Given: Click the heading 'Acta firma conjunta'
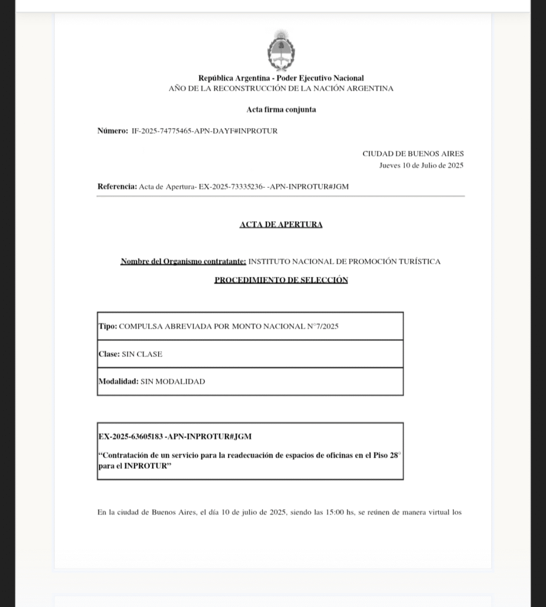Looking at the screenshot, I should click(x=281, y=110).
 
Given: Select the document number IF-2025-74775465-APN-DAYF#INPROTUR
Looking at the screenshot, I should click(x=204, y=131).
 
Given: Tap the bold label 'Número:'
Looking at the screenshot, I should click(x=113, y=131).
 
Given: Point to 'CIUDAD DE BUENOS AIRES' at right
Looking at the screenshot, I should click(x=413, y=154).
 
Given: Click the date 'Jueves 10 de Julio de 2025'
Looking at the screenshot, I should click(x=421, y=165).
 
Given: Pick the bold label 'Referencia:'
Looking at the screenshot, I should click(x=117, y=186).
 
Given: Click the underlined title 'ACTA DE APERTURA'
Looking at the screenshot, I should click(x=281, y=225).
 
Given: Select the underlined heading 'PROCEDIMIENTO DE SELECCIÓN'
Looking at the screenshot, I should click(x=281, y=280).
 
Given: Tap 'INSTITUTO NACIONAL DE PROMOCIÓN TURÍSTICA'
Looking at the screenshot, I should click(x=344, y=261).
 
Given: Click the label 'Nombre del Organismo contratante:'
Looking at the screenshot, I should click(x=183, y=261).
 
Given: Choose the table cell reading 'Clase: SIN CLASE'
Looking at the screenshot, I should click(x=250, y=354).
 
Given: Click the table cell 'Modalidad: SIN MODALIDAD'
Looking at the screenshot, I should click(x=250, y=382).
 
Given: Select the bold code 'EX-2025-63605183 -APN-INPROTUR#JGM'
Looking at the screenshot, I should click(x=175, y=437).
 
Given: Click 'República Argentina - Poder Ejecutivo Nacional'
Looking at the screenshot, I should click(x=281, y=78).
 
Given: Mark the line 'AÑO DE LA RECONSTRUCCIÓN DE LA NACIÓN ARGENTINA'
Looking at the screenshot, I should click(x=281, y=89).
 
